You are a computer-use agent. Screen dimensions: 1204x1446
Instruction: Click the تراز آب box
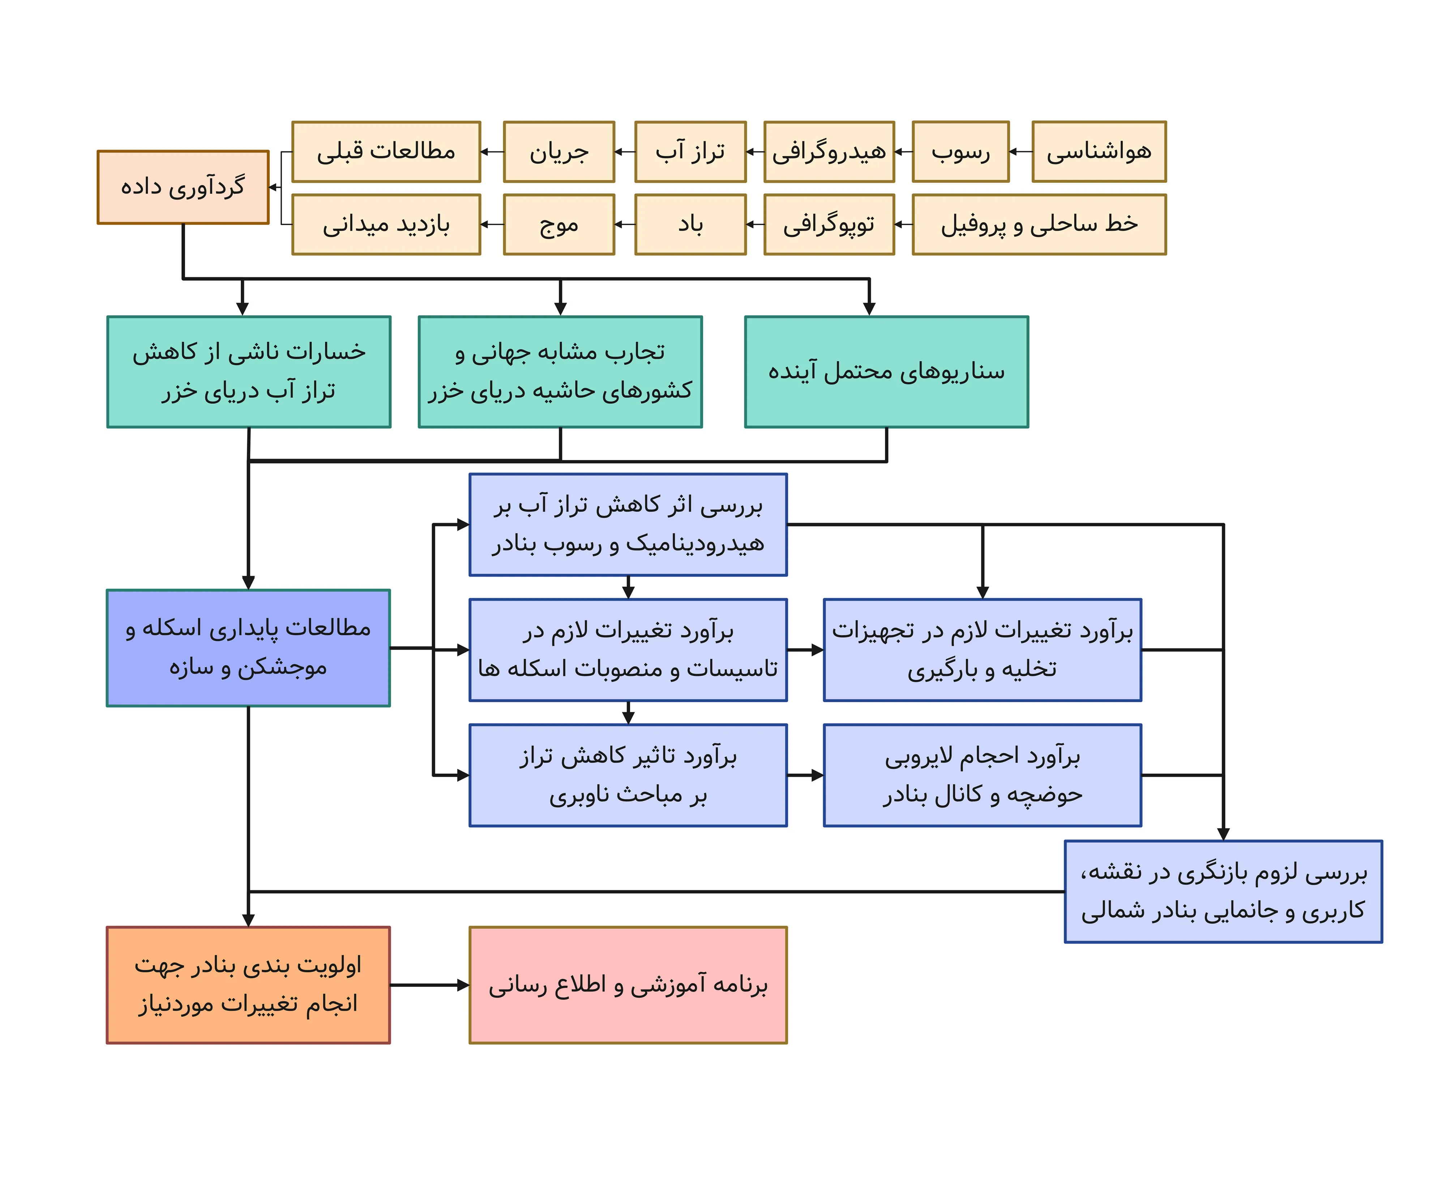point(690,151)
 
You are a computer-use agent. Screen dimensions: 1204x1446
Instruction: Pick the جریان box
point(559,151)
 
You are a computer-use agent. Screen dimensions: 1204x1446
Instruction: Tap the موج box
point(559,224)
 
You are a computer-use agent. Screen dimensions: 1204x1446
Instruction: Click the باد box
point(690,224)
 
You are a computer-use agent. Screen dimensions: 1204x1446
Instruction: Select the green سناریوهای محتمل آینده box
point(886,372)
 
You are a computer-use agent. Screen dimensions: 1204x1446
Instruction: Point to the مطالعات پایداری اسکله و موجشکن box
point(248,648)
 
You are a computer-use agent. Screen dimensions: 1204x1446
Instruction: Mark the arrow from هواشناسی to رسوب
point(1021,151)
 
